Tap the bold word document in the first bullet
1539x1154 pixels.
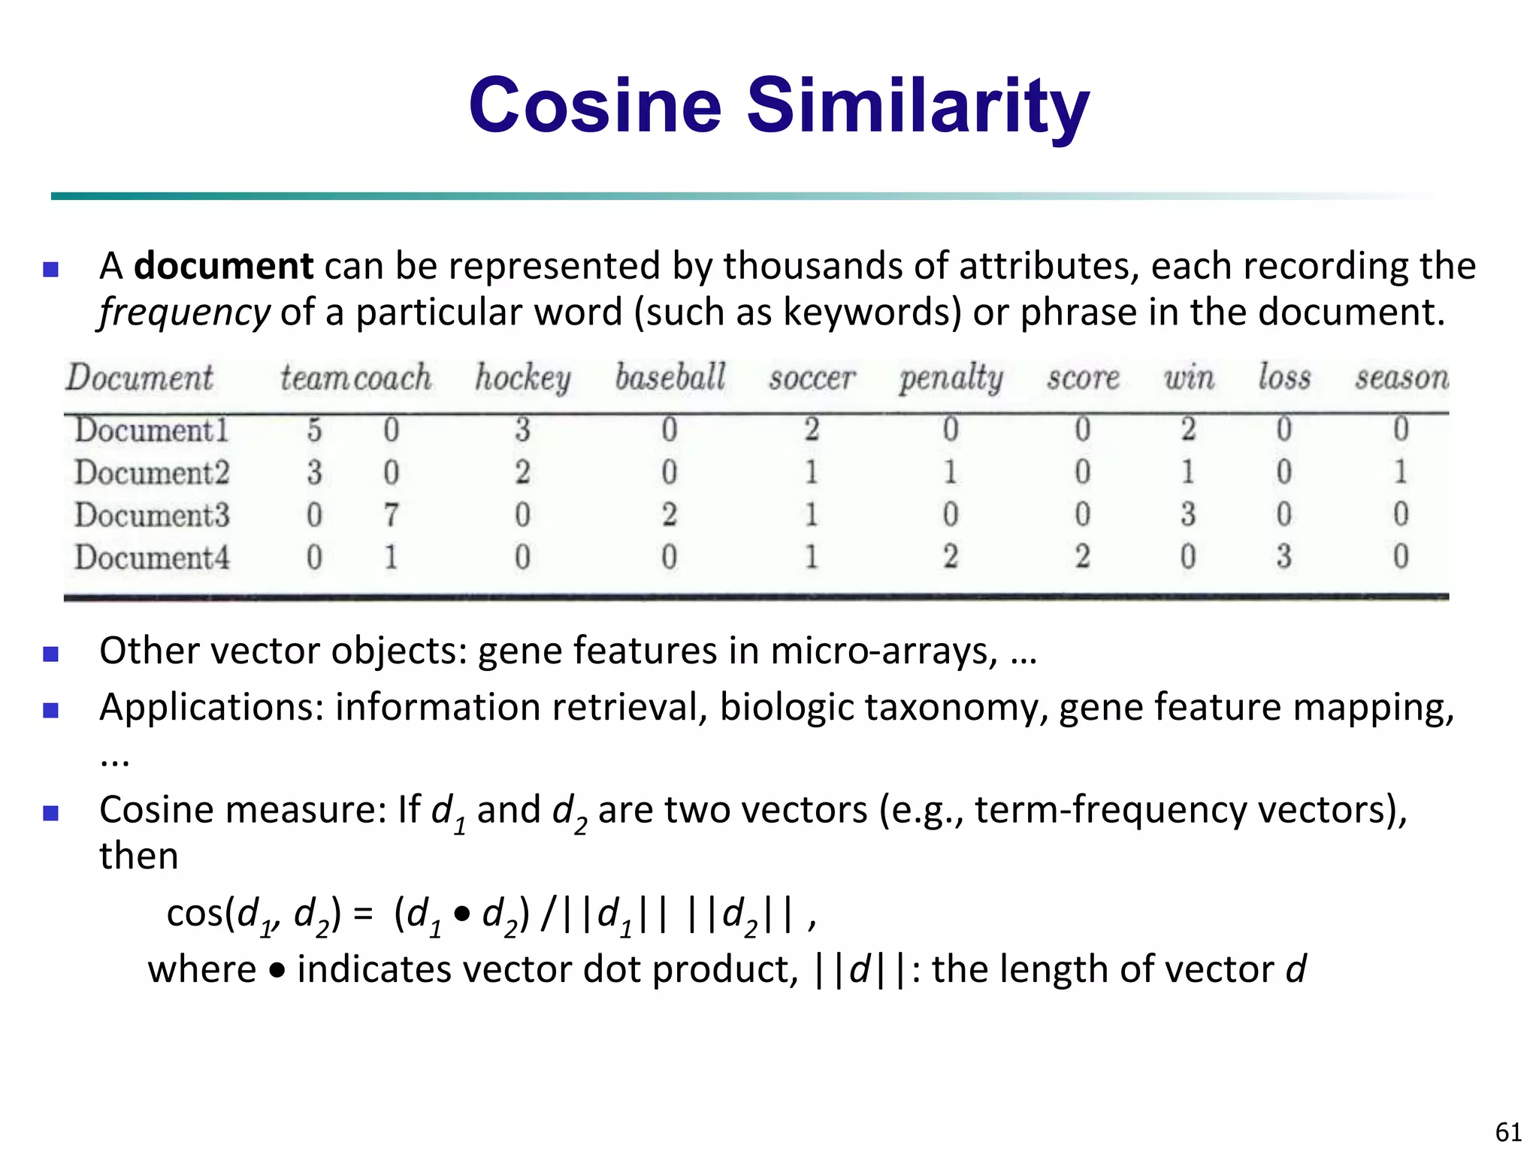[223, 266]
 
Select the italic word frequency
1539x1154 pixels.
[184, 313]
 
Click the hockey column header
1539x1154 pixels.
[522, 377]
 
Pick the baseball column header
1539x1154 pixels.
[670, 377]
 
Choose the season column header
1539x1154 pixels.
[1401, 377]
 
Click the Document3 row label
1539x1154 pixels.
[152, 515]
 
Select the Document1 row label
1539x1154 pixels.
[151, 430]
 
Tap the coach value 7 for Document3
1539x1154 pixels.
[391, 515]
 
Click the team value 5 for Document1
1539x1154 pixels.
[314, 430]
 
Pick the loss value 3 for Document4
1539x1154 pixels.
[1284, 557]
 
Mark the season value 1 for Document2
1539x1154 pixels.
[1400, 472]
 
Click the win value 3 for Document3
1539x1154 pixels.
[1187, 515]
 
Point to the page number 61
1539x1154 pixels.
[1509, 1131]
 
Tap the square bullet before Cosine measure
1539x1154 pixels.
[51, 813]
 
